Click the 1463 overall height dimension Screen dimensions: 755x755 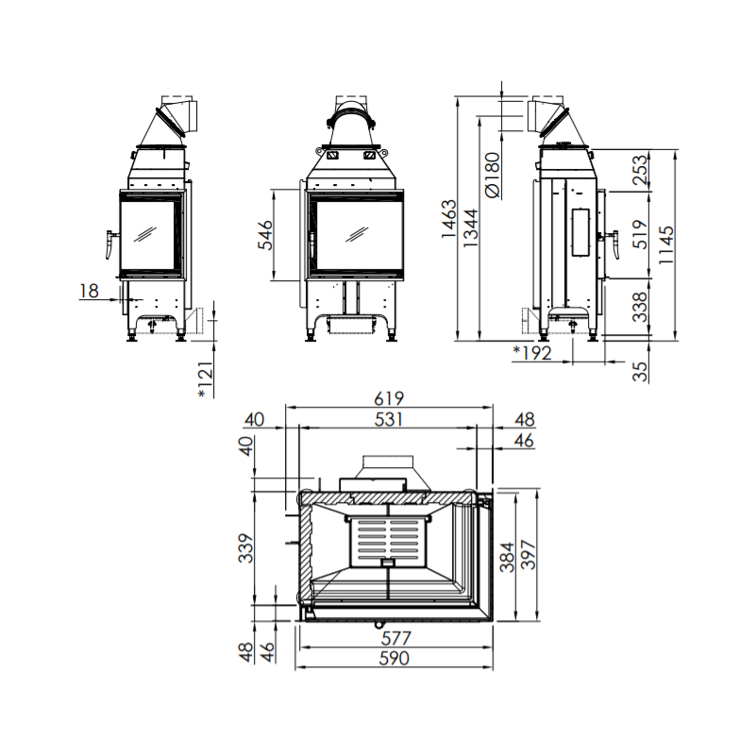click(x=448, y=219)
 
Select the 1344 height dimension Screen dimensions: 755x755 click(x=470, y=227)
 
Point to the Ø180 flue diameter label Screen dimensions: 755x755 click(x=493, y=175)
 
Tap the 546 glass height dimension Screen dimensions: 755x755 click(x=265, y=235)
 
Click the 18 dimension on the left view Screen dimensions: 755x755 click(x=89, y=291)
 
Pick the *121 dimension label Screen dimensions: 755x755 click(x=206, y=379)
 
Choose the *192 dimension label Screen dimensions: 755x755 click(x=532, y=353)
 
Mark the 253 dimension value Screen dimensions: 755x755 click(x=641, y=170)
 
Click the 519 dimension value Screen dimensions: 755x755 click(x=641, y=234)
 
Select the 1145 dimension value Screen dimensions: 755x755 click(x=666, y=244)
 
